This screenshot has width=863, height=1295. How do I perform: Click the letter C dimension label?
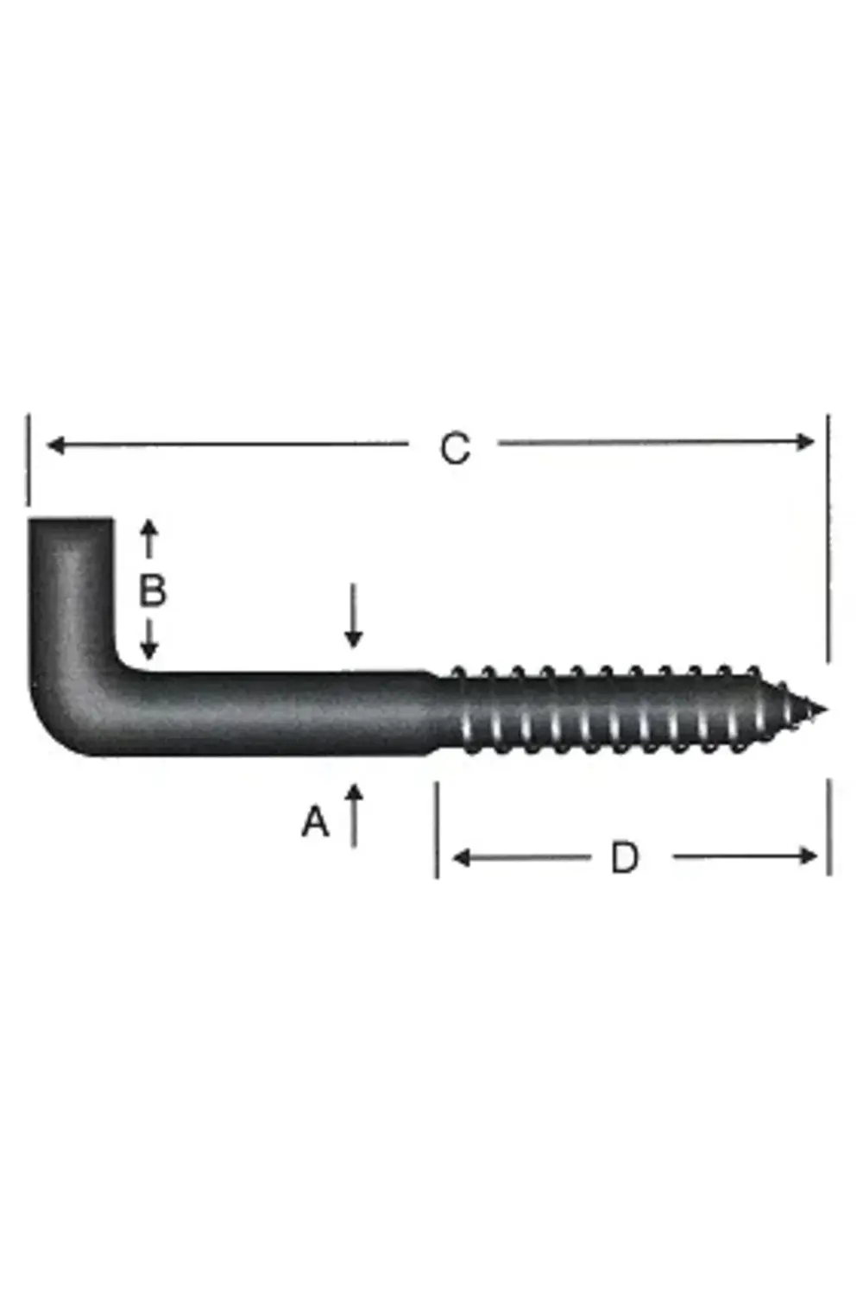(455, 448)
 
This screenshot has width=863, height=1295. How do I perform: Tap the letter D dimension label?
(624, 858)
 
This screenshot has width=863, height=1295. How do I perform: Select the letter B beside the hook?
(152, 591)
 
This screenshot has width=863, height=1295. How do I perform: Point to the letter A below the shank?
(315, 822)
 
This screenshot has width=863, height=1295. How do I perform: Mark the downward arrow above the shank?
(353, 617)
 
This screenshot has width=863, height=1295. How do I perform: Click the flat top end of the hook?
(71, 520)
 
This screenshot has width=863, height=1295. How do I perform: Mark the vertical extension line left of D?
(437, 829)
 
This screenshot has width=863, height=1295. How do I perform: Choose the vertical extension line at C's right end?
(828, 535)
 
